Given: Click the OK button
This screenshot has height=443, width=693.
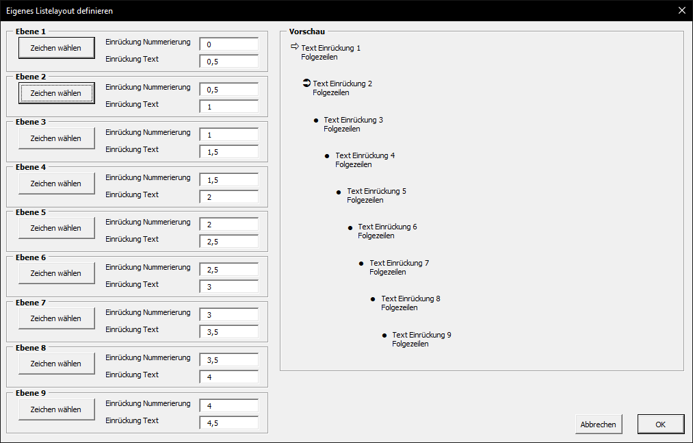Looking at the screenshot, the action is click(x=660, y=425).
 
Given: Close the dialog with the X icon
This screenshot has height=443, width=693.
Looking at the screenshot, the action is click(x=682, y=10).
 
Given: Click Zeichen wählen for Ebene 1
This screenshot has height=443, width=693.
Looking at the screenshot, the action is click(x=56, y=48).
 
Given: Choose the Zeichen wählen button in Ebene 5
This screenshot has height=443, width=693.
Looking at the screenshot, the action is click(x=56, y=228).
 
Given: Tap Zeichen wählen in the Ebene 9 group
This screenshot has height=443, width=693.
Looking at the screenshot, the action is click(x=56, y=409).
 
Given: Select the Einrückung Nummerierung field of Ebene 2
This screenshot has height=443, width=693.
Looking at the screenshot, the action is click(x=229, y=89).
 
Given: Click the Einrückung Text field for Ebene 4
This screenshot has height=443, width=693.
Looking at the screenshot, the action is click(x=229, y=197).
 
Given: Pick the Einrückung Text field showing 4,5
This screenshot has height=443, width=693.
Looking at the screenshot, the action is click(x=229, y=422).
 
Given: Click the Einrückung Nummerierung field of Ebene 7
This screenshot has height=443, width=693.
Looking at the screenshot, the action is click(x=229, y=315).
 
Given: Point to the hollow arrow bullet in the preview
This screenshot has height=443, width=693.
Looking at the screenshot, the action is click(x=295, y=47).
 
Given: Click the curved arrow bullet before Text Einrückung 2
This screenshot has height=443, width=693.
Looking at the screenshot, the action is click(x=306, y=83).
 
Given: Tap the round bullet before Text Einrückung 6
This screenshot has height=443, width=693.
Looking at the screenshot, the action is click(x=350, y=228).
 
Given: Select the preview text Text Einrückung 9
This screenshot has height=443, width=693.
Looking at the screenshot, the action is click(x=421, y=335).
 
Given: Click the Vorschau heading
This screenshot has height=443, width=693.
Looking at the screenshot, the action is click(x=306, y=31).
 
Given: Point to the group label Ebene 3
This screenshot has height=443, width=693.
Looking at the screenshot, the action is click(x=31, y=122).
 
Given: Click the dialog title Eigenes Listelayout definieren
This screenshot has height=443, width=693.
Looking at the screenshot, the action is click(x=60, y=11).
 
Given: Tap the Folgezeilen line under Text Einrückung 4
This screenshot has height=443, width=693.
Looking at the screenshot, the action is click(x=354, y=164).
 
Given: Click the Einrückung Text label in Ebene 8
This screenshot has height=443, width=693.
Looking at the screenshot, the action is click(x=132, y=375).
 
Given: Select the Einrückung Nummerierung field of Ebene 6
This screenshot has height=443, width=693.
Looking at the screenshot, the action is click(x=229, y=270).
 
